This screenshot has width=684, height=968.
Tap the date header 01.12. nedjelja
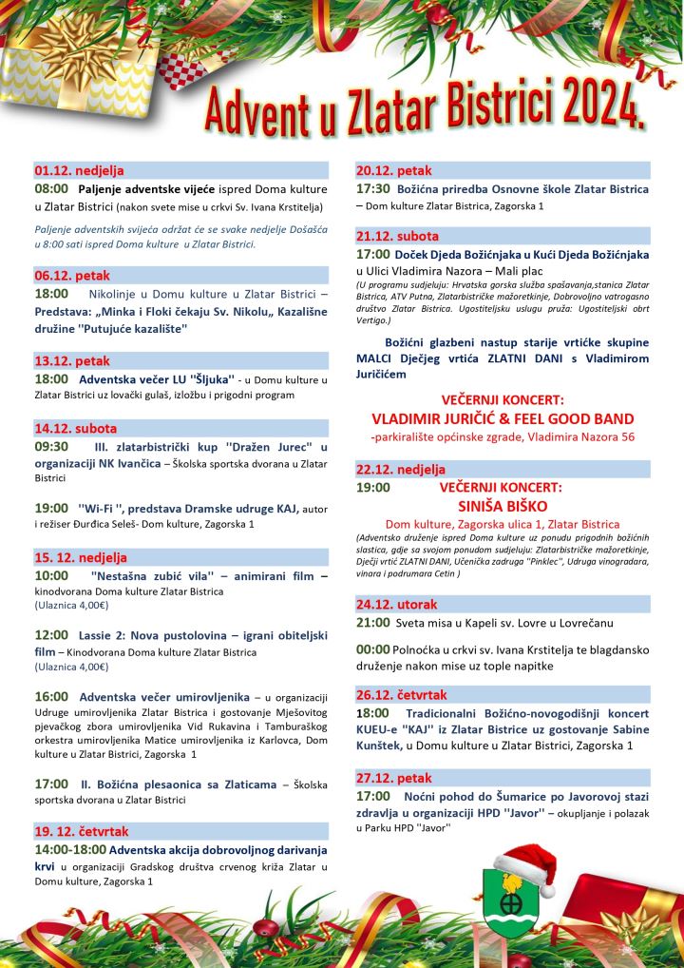click(x=79, y=171)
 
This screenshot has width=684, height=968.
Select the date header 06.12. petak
click(x=72, y=276)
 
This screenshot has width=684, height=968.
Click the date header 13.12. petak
click(x=72, y=361)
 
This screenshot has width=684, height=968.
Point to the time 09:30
click(x=51, y=446)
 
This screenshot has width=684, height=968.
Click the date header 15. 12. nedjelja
click(x=81, y=557)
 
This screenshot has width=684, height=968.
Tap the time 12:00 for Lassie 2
click(x=51, y=634)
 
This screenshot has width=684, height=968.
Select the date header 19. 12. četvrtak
click(x=82, y=831)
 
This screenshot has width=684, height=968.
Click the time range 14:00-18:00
click(x=69, y=848)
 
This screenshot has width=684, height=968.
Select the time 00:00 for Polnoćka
click(x=372, y=650)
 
